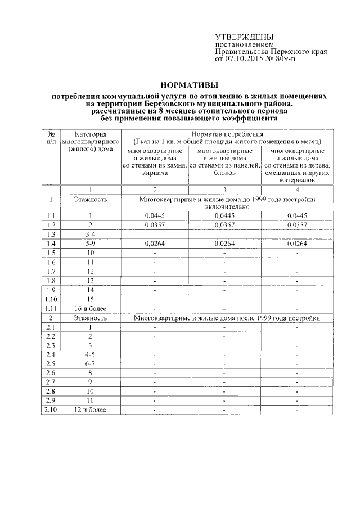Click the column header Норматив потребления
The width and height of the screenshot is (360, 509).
pos(227,135)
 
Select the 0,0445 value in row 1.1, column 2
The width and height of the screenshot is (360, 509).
pos(154,215)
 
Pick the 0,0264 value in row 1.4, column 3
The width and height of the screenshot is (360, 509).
pos(224,243)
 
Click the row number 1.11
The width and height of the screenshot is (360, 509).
pos(51,308)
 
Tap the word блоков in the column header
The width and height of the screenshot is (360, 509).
pos(224,174)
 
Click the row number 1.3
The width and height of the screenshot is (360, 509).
pos(51,234)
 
